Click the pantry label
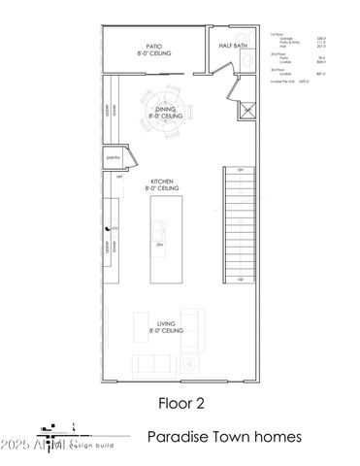pyautogui.click(x=112, y=157)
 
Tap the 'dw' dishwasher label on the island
pyautogui.click(x=159, y=246)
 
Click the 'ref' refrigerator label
pyautogui.click(x=118, y=178)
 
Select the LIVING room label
pyautogui.click(x=167, y=327)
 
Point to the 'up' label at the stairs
pyautogui.click(x=240, y=279)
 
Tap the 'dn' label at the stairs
pyautogui.click(x=240, y=170)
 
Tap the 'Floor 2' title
pyautogui.click(x=180, y=401)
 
